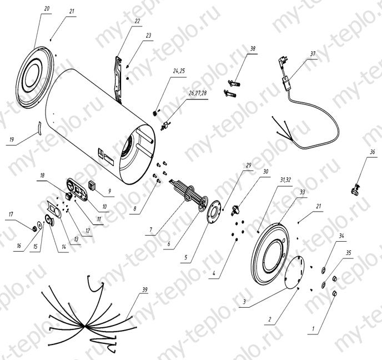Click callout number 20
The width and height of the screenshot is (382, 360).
[x=46, y=9]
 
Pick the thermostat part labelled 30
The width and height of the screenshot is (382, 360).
[x=235, y=210]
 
